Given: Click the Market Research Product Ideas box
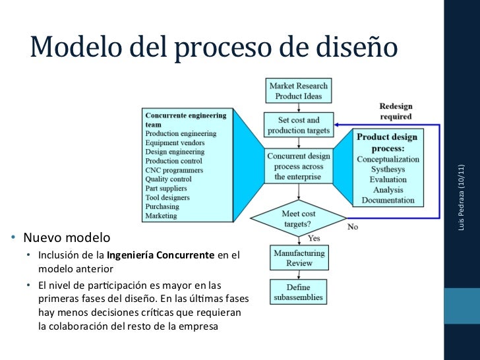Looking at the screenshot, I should [298, 91].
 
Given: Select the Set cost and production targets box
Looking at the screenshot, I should [298, 125].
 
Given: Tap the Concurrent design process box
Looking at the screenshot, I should [298, 167].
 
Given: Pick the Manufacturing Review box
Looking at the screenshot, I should [299, 258].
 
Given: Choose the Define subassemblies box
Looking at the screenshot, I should [298, 292].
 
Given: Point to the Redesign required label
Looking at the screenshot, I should [395, 111].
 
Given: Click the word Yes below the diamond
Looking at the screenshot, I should [314, 238].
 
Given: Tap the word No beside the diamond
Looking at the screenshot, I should [353, 227].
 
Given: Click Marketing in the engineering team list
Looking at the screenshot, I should [162, 216].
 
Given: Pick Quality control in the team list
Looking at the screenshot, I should [168, 179].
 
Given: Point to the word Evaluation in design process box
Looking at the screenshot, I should [388, 179].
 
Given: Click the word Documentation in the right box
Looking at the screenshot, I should [388, 200].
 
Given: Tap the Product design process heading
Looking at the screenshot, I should [388, 143].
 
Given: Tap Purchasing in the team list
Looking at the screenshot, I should [163, 206].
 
